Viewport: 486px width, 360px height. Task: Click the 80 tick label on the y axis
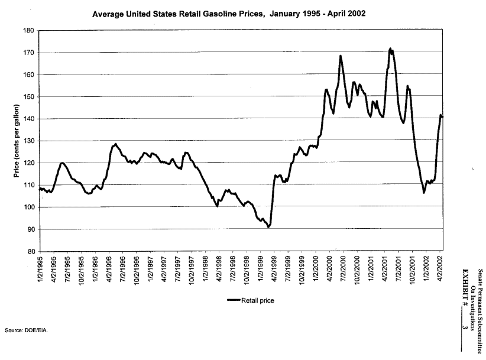click(29, 252)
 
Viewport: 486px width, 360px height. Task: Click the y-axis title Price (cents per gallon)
click(16, 141)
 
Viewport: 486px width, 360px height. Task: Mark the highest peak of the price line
click(390, 48)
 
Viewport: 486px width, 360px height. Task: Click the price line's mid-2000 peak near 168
click(341, 56)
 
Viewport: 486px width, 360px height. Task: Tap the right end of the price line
click(442, 116)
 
